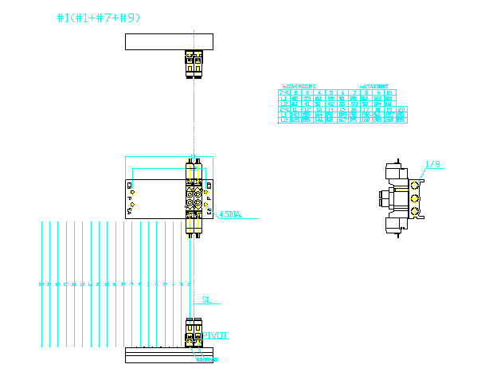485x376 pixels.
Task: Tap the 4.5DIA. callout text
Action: point(229,213)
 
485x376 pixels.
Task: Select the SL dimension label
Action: point(205,300)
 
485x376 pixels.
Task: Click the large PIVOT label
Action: point(216,335)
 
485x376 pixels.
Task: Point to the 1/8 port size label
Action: point(433,165)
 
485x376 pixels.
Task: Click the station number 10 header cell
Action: point(389,92)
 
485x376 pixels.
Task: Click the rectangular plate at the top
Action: point(169,41)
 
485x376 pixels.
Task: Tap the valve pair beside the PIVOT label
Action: point(194,331)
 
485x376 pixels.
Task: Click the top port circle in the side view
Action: point(414,185)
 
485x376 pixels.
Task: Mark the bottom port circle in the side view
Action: point(414,211)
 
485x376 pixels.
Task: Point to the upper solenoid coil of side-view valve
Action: point(395,172)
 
